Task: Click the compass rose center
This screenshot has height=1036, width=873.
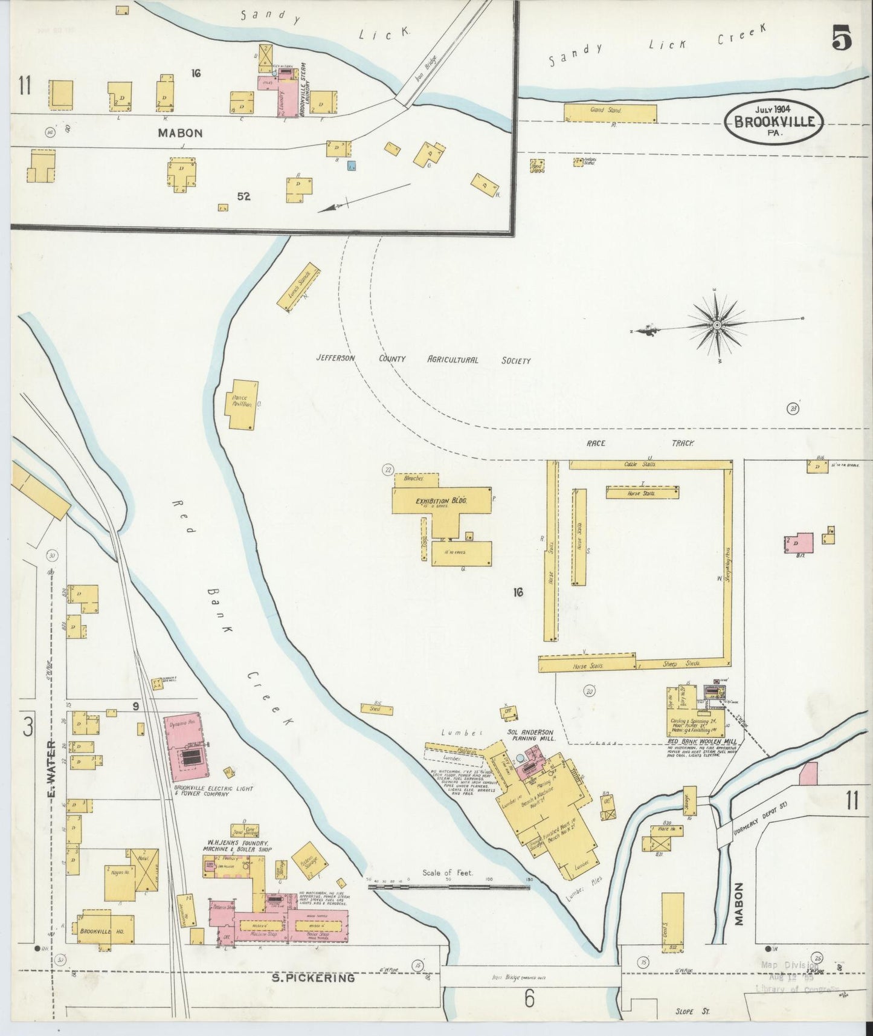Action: [717, 325]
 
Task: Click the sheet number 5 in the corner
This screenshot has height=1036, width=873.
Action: [842, 39]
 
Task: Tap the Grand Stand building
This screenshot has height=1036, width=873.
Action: [610, 112]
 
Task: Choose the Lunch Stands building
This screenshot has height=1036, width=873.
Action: [298, 287]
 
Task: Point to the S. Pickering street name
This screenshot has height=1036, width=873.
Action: [314, 977]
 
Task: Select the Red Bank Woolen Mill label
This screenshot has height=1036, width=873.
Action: [695, 740]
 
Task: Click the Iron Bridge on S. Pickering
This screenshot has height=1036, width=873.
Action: [530, 976]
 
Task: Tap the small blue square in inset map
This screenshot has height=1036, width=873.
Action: [352, 164]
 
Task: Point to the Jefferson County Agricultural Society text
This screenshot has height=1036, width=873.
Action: [423, 360]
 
